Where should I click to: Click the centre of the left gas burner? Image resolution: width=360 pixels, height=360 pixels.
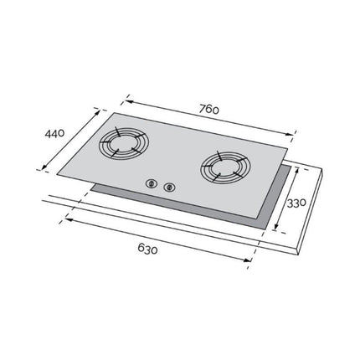(x=124, y=144)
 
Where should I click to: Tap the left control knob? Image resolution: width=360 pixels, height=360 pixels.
(x=152, y=183)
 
